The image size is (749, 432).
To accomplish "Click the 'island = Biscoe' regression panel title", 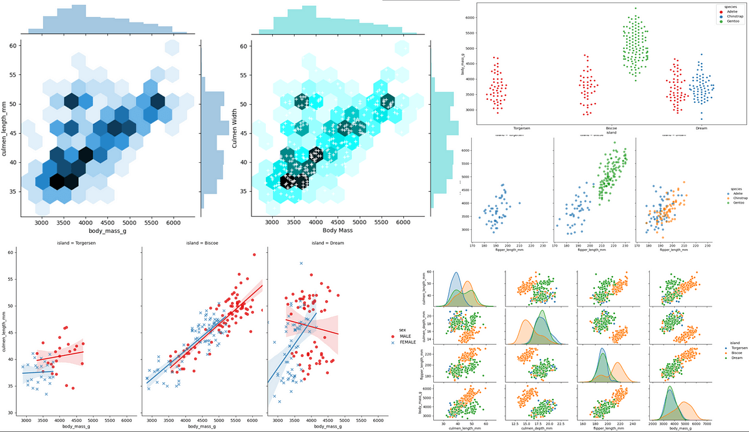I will click(203, 243).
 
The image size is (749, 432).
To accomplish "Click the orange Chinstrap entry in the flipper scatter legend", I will click(735, 200).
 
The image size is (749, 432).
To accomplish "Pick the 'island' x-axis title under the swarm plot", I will click(611, 132).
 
